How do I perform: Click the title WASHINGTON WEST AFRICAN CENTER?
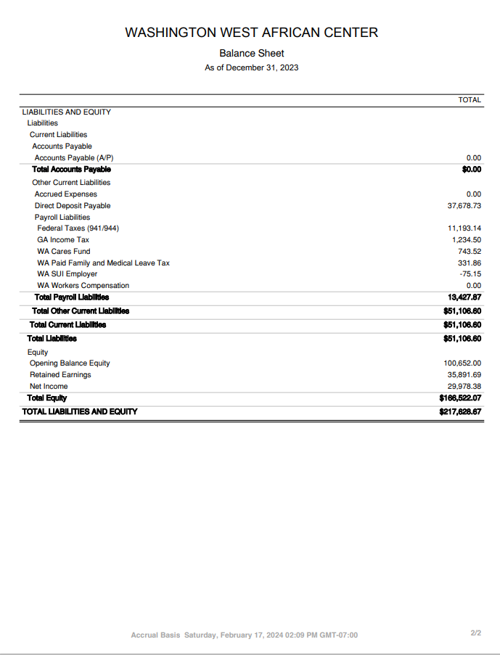251,33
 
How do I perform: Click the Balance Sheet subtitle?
251,54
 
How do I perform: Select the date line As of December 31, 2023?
251,68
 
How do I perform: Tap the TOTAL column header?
470,99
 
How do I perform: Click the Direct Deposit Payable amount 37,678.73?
464,206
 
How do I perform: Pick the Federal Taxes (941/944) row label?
78,228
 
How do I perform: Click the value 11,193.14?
464,228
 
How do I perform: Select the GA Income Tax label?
63,240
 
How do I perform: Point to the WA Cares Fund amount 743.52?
468,252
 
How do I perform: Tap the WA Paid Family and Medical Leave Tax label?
103,263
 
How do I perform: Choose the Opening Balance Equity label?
70,363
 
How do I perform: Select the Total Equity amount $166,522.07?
460,398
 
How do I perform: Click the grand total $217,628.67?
460,412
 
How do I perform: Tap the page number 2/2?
475,633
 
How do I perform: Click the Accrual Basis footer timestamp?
244,635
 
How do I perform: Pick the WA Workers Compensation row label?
83,286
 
